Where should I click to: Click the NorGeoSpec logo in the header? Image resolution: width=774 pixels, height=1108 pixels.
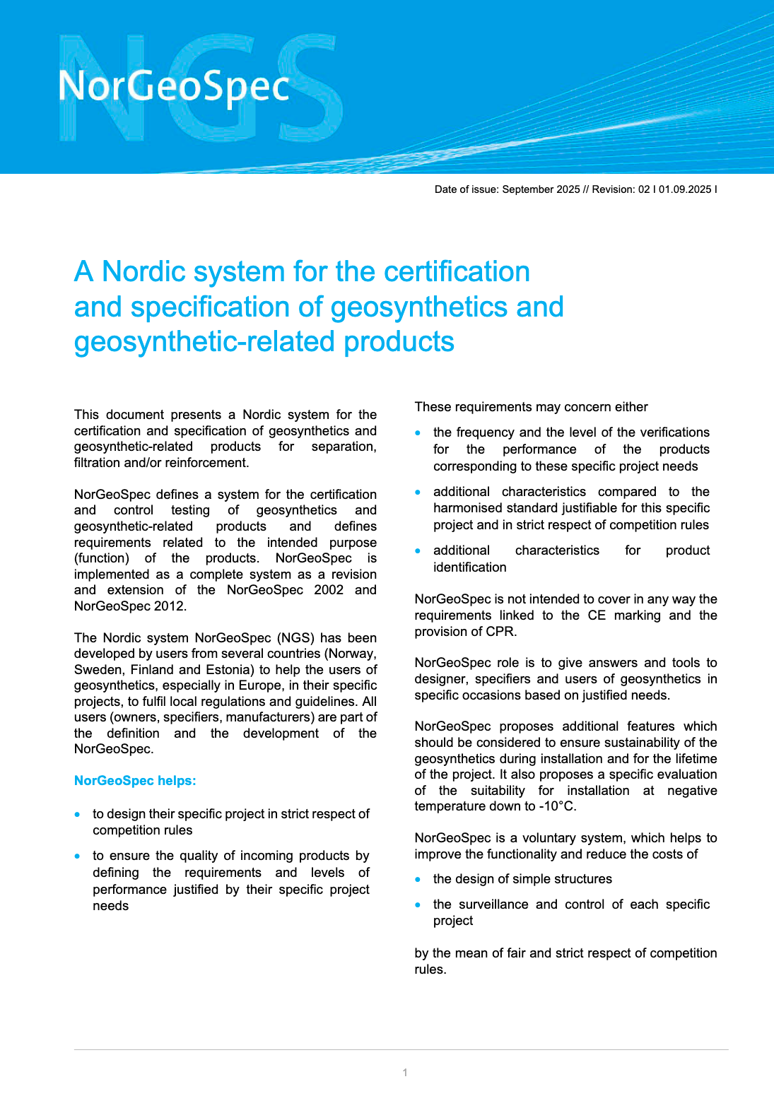tap(174, 87)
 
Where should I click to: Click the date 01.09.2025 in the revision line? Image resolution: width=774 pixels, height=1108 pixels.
tap(685, 189)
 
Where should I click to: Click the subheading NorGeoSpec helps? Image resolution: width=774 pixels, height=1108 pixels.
tap(135, 781)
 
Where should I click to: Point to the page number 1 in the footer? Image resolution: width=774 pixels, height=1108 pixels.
tap(405, 1073)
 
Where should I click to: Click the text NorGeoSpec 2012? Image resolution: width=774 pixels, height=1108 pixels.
tap(129, 606)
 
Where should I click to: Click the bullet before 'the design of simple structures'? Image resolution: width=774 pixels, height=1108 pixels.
tap(418, 880)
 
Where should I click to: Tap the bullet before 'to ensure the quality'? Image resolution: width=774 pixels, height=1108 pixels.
tap(78, 856)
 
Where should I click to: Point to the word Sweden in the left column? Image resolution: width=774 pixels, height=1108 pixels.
tap(98, 670)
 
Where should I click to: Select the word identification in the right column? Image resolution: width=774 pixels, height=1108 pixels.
tap(469, 567)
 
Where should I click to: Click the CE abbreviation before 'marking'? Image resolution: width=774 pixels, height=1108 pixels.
tap(597, 615)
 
